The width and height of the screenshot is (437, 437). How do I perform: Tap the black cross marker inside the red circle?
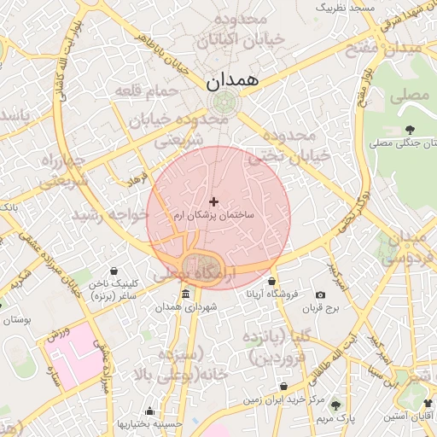point(213,201)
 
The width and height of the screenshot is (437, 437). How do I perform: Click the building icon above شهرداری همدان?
point(185,294)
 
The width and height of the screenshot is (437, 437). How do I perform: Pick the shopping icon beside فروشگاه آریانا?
point(271,282)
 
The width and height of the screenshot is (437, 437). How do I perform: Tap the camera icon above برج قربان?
point(321,294)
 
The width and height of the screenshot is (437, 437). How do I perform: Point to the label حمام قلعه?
point(149,90)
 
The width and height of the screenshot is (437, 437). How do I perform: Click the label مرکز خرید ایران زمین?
point(282,399)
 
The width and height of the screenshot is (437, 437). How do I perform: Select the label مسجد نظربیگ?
point(346,7)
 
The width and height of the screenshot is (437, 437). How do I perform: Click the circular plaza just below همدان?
point(224,104)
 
